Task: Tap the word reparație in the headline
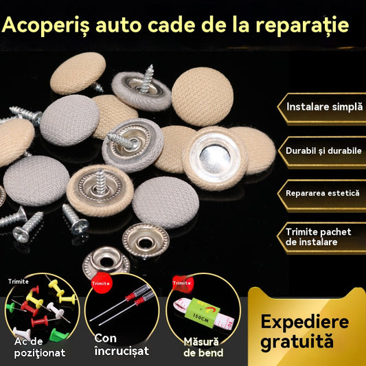click(x=302, y=25)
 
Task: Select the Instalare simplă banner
click(x=321, y=108)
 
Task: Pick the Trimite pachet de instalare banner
click(x=321, y=238)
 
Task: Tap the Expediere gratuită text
click(x=305, y=331)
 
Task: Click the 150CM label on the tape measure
click(x=201, y=318)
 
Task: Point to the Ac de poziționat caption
click(x=39, y=347)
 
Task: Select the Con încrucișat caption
click(x=122, y=345)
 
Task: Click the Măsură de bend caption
click(x=203, y=347)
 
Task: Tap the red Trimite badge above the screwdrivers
click(x=102, y=283)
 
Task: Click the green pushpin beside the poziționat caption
click(x=58, y=335)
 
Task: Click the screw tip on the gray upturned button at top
click(x=151, y=67)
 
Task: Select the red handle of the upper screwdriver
click(x=130, y=297)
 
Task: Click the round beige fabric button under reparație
click(x=203, y=97)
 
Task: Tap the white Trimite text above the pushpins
click(x=19, y=282)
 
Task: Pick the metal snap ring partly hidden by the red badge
click(x=106, y=262)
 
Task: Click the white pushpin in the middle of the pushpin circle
click(x=55, y=310)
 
